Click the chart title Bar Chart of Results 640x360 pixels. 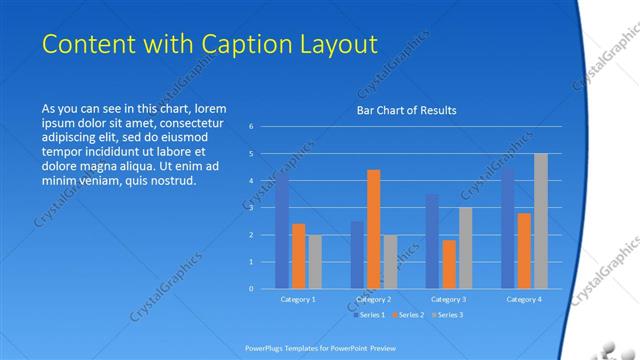click(406, 110)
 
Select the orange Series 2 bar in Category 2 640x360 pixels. click(373, 229)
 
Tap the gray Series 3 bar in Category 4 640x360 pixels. click(540, 220)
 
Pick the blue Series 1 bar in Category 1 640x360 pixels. click(283, 232)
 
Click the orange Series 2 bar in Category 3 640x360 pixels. click(449, 264)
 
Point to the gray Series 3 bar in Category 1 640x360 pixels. click(315, 261)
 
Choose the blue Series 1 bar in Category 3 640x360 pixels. click(432, 241)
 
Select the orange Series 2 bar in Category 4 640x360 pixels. click(524, 250)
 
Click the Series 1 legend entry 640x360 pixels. click(369, 315)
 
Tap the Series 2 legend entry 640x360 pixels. click(407, 315)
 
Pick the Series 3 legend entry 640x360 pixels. click(445, 315)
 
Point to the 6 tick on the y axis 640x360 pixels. click(251, 126)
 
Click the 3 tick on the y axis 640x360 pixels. click(251, 207)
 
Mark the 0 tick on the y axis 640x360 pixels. click(251, 288)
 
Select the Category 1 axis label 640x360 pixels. click(298, 299)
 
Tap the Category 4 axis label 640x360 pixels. click(524, 299)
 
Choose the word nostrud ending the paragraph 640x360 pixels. click(171, 181)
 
